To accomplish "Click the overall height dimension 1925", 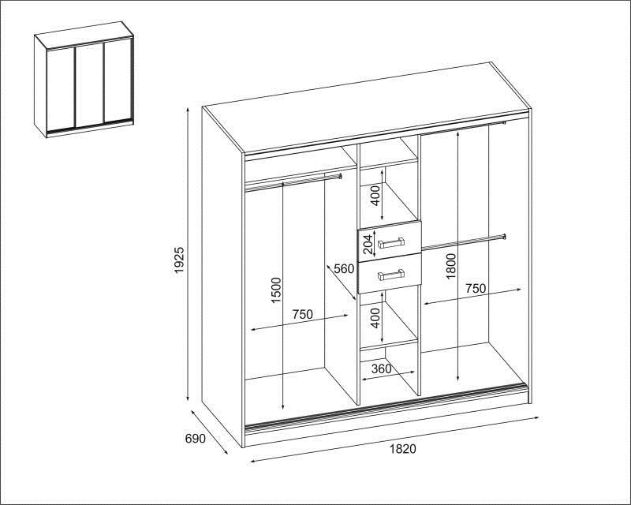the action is pyautogui.click(x=179, y=260).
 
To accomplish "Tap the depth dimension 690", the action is pyautogui.click(x=195, y=439).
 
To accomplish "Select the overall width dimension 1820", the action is pyautogui.click(x=402, y=449).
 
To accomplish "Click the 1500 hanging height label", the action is pyautogui.click(x=277, y=290).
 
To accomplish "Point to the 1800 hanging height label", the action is pyautogui.click(x=450, y=266).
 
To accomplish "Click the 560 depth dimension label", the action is pyautogui.click(x=344, y=268).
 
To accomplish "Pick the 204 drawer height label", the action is pyautogui.click(x=368, y=243).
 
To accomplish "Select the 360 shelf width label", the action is pyautogui.click(x=381, y=368).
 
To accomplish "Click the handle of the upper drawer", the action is pyautogui.click(x=390, y=243).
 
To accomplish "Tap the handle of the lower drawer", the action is pyautogui.click(x=390, y=275).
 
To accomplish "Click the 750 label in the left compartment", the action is pyautogui.click(x=302, y=314).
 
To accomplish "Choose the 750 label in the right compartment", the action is pyautogui.click(x=476, y=289).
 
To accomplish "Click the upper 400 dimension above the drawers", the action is pyautogui.click(x=375, y=196).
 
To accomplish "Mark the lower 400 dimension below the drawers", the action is pyautogui.click(x=375, y=318).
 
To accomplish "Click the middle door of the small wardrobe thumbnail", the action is pyautogui.click(x=90, y=84).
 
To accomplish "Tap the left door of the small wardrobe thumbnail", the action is pyautogui.click(x=61, y=88).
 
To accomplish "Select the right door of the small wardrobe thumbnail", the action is pyautogui.click(x=118, y=80).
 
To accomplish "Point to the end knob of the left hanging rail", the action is pyautogui.click(x=340, y=176).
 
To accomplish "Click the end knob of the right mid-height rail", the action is pyautogui.click(x=504, y=237).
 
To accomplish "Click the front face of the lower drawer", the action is pyautogui.click(x=390, y=275).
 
